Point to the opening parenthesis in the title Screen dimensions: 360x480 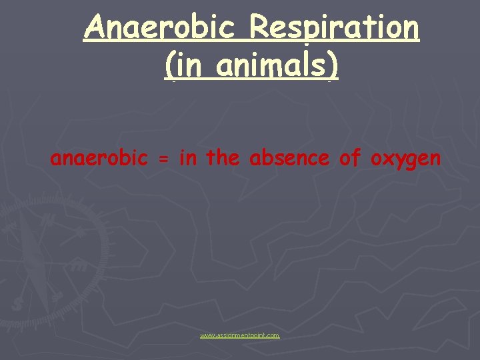[x=169, y=66]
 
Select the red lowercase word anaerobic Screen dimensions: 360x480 [x=99, y=159]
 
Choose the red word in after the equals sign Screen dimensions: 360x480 [x=187, y=158]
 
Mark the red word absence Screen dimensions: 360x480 [x=289, y=159]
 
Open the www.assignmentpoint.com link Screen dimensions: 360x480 [x=240, y=335]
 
